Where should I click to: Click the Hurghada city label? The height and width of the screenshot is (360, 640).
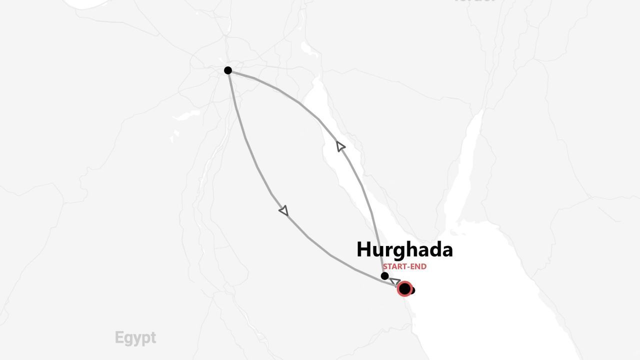(404, 249)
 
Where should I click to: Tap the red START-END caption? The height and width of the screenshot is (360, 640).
(404, 267)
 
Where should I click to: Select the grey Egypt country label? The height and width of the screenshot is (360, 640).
(135, 338)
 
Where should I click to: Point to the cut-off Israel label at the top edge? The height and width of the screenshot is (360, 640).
(475, 1)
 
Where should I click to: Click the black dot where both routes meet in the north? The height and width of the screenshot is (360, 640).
(228, 70)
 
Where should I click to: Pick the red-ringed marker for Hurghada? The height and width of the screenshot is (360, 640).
(404, 288)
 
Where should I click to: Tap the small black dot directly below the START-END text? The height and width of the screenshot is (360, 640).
(384, 276)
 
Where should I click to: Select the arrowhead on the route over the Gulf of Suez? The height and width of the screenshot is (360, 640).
(340, 146)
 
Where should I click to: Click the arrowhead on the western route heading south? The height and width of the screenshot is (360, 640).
(284, 211)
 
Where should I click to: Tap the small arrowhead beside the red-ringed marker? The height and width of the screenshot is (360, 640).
(394, 281)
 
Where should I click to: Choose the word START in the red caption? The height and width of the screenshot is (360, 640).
(394, 267)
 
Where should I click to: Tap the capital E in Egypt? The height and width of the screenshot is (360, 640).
(118, 338)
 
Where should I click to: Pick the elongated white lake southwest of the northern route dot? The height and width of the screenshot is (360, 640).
(185, 115)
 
